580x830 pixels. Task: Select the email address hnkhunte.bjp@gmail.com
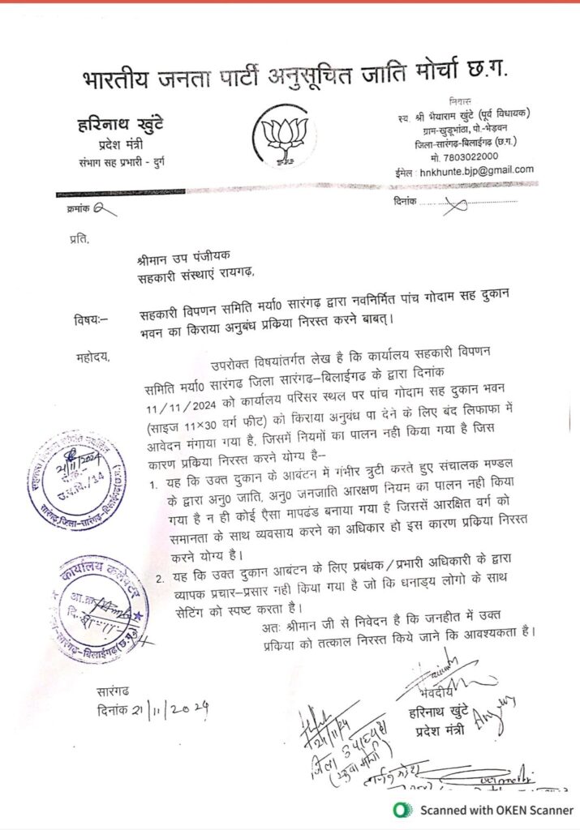(x=475, y=169)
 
